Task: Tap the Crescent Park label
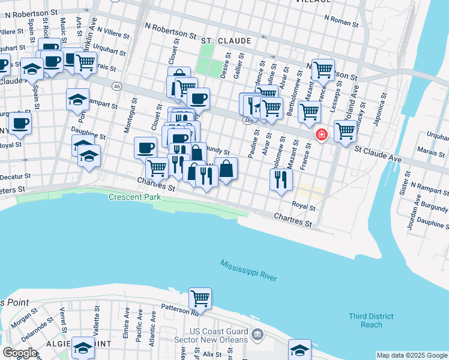tap(131, 197)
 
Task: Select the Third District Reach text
tap(372, 320)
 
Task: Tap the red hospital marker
tap(322, 134)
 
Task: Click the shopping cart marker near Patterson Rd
tap(200, 298)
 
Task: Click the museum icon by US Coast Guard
tap(258, 334)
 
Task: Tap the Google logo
tap(20, 353)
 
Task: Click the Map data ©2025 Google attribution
tap(411, 355)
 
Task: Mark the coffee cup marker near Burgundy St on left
tap(20, 124)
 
